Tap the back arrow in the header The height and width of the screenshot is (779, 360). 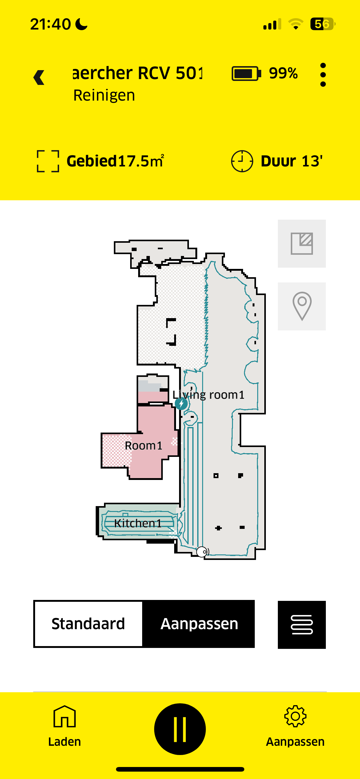coord(39,77)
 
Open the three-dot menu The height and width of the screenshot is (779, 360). coord(323,75)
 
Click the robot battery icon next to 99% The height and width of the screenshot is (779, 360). coord(246,74)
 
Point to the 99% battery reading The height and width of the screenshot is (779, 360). coord(283,74)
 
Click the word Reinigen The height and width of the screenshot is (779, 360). coord(104,95)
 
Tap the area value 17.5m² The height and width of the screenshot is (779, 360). coord(141,161)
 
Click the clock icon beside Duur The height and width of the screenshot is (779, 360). coord(242,161)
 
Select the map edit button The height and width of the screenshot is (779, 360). coord(302,244)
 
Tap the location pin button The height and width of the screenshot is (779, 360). coord(302,306)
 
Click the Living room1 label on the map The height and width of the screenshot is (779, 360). coord(208,395)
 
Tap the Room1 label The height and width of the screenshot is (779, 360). coord(143,445)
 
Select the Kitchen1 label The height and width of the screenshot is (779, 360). coord(138,523)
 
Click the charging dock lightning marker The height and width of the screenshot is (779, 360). coord(181,403)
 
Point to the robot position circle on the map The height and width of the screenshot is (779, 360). coord(202,552)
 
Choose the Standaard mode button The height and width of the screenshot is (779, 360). coord(88,624)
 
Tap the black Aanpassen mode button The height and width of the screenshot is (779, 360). coord(199,624)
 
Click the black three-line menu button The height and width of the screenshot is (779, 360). coord(302,625)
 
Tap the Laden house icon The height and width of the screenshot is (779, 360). coord(64,716)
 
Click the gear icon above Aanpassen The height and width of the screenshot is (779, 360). coord(295,716)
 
